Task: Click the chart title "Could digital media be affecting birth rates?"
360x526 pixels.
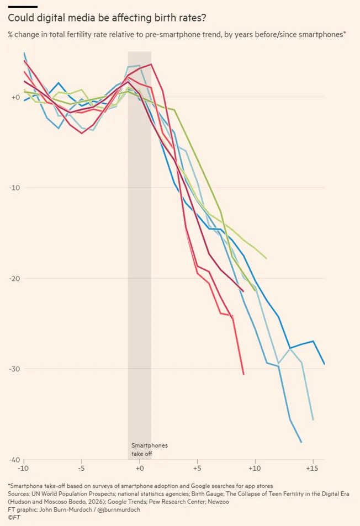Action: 107,18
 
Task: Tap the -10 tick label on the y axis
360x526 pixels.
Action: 14,188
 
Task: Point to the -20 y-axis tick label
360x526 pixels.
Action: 14,278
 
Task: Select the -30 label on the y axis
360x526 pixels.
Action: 14,369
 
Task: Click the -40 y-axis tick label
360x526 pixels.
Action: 14,460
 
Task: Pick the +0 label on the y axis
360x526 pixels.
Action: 16,97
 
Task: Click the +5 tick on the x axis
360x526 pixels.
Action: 197,468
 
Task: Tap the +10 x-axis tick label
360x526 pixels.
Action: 255,468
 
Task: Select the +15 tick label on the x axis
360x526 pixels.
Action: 313,468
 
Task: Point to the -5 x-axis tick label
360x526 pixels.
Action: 82,468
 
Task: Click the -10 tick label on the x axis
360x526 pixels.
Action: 24,468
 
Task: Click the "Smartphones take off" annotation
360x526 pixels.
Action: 149,449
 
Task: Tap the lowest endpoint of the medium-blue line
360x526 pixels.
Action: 301,443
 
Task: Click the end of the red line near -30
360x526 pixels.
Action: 243,374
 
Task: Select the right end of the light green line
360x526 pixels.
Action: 267,258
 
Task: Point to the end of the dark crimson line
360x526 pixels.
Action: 243,291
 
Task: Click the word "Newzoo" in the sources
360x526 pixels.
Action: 219,502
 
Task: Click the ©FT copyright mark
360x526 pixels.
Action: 14,518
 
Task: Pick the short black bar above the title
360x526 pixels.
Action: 23,7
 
